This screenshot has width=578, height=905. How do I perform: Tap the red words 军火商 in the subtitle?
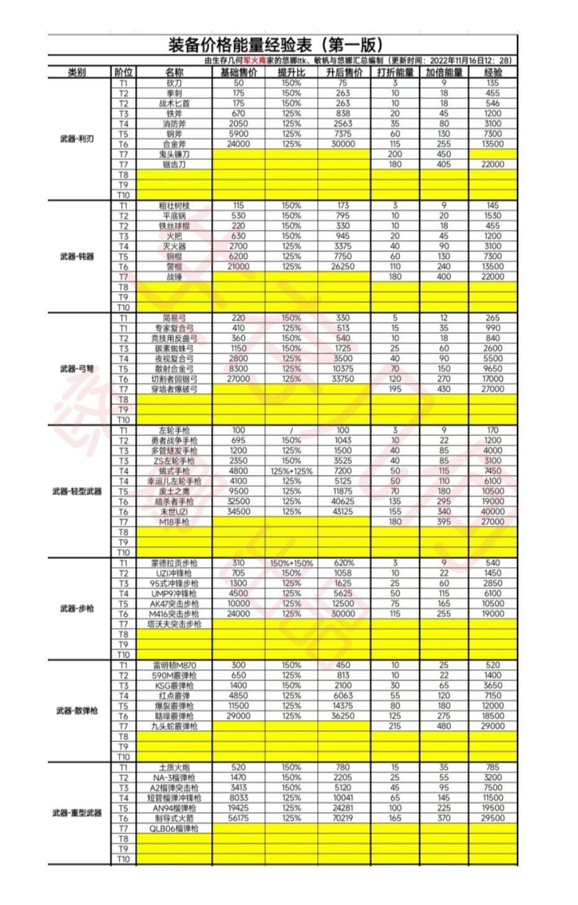(x=253, y=61)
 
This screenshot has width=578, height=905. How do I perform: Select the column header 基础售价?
(x=238, y=72)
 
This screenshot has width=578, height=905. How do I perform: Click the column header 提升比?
(x=291, y=72)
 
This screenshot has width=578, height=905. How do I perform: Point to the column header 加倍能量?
(x=444, y=72)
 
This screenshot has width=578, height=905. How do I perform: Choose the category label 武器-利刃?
(x=77, y=139)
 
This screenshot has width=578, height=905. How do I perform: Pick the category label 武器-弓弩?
(x=77, y=368)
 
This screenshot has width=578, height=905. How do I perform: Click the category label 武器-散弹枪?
(x=77, y=710)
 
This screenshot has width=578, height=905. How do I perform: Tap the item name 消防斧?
(x=174, y=123)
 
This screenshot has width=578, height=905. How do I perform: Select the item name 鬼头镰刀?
(x=174, y=154)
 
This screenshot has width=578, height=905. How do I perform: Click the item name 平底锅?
(x=174, y=215)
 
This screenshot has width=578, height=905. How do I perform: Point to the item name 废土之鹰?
(x=174, y=491)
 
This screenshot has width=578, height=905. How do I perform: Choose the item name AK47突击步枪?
(x=174, y=604)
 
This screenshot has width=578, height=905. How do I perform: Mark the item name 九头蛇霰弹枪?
(x=174, y=726)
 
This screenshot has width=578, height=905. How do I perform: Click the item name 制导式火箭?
(x=174, y=818)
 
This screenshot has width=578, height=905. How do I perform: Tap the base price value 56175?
(x=238, y=818)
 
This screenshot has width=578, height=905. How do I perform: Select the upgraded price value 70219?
(x=343, y=818)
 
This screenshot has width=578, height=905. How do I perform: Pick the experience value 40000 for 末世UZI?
(x=492, y=511)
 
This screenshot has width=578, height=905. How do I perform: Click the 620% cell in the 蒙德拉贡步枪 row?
(x=343, y=563)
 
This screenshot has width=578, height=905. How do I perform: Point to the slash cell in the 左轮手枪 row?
(x=291, y=430)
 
